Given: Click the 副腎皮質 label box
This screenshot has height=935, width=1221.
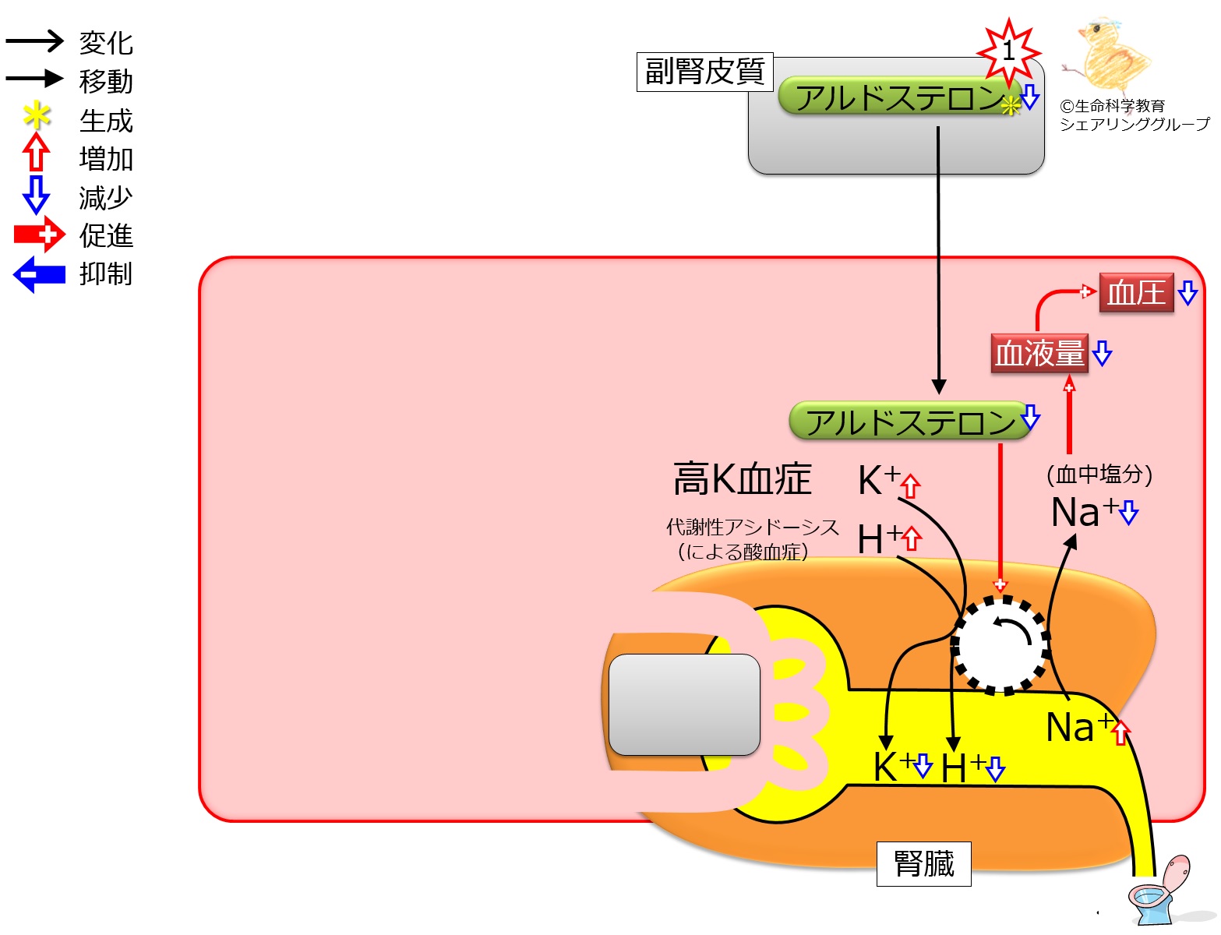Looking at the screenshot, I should coord(704,72).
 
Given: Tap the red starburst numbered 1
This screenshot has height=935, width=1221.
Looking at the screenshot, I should coord(1009,52).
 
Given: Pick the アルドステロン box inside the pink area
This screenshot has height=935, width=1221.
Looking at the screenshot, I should coord(909,422).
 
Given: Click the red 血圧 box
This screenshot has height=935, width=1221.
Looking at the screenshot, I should coord(1135,293).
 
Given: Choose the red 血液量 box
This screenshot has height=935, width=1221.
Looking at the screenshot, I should coord(1039,353).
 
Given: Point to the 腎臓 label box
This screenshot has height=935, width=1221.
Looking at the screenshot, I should coord(923,863).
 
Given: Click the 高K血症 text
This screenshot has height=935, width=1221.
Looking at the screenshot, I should coord(742,478).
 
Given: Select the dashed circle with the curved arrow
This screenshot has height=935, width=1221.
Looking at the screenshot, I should coord(1000,644).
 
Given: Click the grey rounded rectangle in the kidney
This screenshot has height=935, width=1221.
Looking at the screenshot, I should coord(684,704).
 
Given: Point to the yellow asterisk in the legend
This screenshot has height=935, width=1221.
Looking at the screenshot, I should coord(37,117).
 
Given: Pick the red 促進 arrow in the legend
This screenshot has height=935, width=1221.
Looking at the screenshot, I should coord(39,234).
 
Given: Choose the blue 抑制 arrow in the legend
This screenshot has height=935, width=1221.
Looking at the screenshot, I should coord(39,274).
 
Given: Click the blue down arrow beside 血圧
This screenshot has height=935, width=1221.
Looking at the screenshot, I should coord(1187,293).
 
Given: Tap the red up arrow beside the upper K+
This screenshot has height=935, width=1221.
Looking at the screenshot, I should coord(910,486).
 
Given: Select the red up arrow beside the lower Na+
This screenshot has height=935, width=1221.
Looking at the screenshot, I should coord(1120,732).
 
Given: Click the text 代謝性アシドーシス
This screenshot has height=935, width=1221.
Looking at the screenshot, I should coord(752,527).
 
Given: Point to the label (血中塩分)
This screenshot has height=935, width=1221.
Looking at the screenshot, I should coord(1099,474).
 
